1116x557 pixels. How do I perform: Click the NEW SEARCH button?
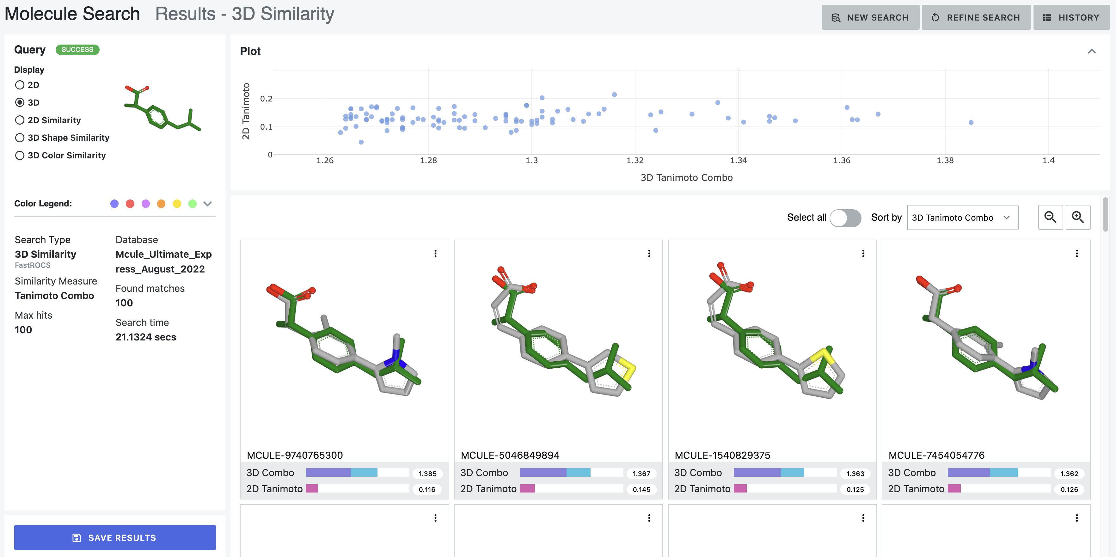click(870, 17)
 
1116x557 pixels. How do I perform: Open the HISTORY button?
click(1071, 17)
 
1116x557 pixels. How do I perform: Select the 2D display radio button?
click(20, 85)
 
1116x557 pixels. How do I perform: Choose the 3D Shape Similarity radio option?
click(20, 138)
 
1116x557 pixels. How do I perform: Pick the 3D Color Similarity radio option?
click(20, 156)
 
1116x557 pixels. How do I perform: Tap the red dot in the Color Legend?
click(130, 204)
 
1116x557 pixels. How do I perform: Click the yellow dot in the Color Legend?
click(177, 204)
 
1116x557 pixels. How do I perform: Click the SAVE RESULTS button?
click(115, 537)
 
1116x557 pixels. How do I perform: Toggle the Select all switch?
click(845, 217)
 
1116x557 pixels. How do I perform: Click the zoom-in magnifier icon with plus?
click(1077, 217)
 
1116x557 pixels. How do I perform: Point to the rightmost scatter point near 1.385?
click(971, 123)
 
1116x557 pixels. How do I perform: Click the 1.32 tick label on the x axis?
click(635, 160)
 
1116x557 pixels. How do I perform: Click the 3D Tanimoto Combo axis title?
click(686, 178)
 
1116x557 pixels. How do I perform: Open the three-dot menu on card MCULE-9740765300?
click(435, 254)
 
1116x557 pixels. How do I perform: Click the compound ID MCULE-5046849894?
click(510, 455)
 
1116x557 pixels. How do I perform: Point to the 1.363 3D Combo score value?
click(855, 474)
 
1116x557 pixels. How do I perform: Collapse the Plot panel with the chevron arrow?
click(1091, 51)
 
